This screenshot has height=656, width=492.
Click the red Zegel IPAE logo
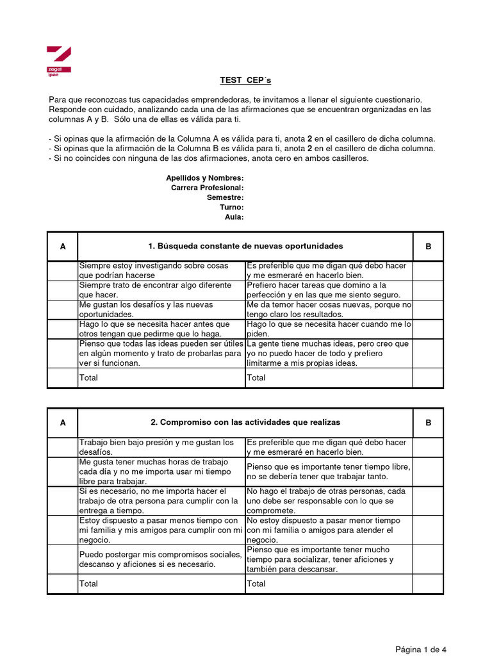(x=58, y=61)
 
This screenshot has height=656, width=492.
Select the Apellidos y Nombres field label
(x=204, y=177)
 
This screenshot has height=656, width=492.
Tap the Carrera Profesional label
(x=207, y=188)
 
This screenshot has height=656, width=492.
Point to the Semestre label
(x=225, y=197)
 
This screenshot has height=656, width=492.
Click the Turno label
(x=231, y=207)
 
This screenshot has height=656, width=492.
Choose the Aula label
(x=234, y=217)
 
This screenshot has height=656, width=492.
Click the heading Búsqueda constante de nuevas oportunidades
(x=245, y=246)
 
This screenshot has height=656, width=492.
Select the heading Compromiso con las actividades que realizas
(x=245, y=422)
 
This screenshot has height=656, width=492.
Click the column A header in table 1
(x=63, y=247)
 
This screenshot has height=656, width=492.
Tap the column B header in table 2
(x=428, y=423)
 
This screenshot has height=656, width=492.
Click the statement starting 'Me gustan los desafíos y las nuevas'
(x=146, y=309)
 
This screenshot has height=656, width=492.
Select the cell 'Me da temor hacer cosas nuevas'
(x=329, y=309)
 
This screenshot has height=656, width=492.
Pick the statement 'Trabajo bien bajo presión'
(x=157, y=447)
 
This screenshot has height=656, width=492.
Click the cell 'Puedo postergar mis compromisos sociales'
(x=160, y=559)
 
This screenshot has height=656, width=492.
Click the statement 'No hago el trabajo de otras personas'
(x=329, y=500)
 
